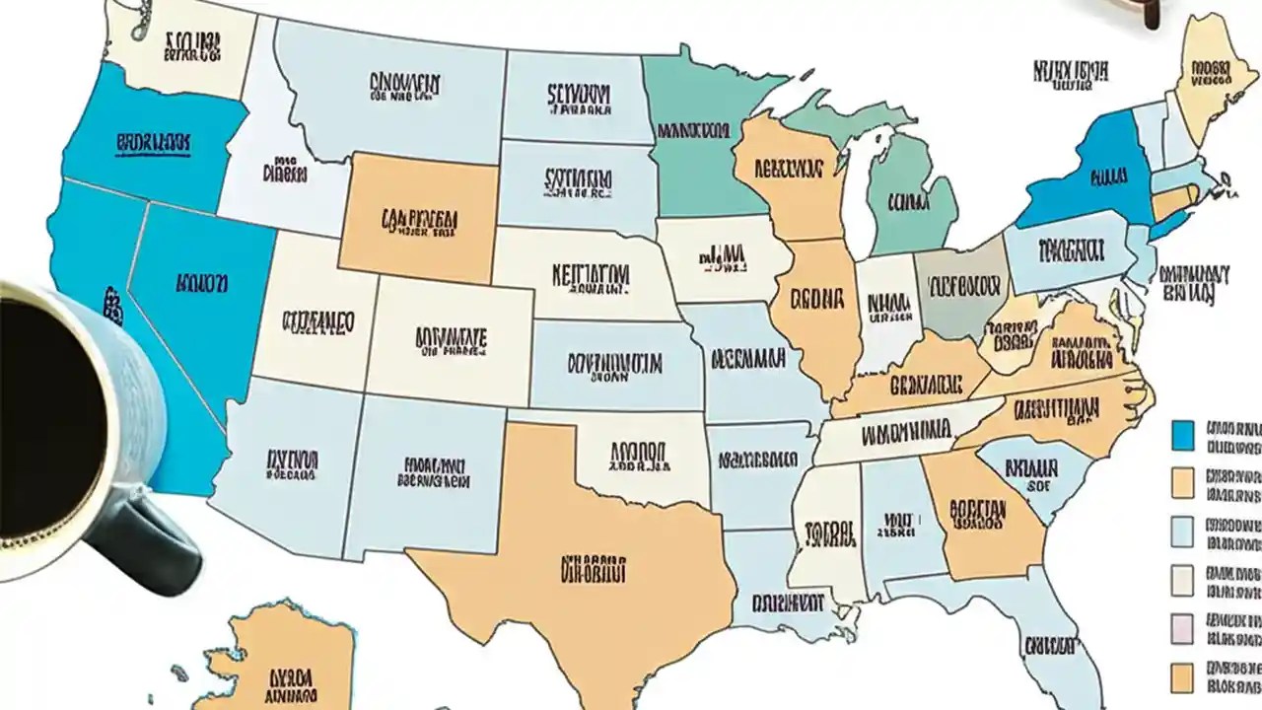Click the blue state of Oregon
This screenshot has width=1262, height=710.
(148, 143)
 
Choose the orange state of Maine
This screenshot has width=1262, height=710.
(1208, 74)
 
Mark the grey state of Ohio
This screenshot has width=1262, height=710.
(961, 291)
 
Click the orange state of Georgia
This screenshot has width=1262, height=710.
(981, 518)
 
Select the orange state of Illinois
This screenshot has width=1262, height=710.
(818, 306)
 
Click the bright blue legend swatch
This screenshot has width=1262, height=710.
(1183, 434)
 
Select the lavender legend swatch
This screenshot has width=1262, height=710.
(1182, 628)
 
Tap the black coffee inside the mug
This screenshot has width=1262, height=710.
(39, 414)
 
